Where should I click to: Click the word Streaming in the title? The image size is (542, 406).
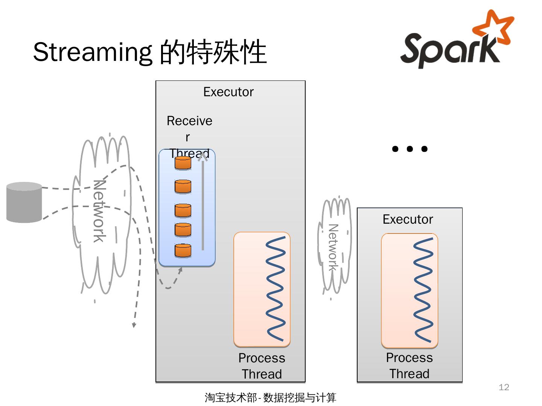[x=92, y=52]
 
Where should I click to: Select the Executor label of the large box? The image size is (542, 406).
[x=228, y=92]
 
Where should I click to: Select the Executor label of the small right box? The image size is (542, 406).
[x=408, y=220]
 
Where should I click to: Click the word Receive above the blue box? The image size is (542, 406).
[x=189, y=121]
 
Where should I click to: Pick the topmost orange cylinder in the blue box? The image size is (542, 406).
[x=183, y=164]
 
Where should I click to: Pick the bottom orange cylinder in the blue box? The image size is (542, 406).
[x=183, y=251]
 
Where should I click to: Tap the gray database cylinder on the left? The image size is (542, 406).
[x=24, y=202]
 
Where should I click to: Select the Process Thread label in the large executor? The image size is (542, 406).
[x=262, y=366]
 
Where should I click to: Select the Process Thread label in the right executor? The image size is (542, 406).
[x=409, y=365]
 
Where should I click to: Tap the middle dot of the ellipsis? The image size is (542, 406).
[x=410, y=149]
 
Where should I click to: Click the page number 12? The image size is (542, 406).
[x=504, y=387]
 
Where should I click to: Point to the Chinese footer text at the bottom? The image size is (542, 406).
[x=270, y=397]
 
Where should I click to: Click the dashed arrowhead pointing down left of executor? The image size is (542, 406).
[x=134, y=325]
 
